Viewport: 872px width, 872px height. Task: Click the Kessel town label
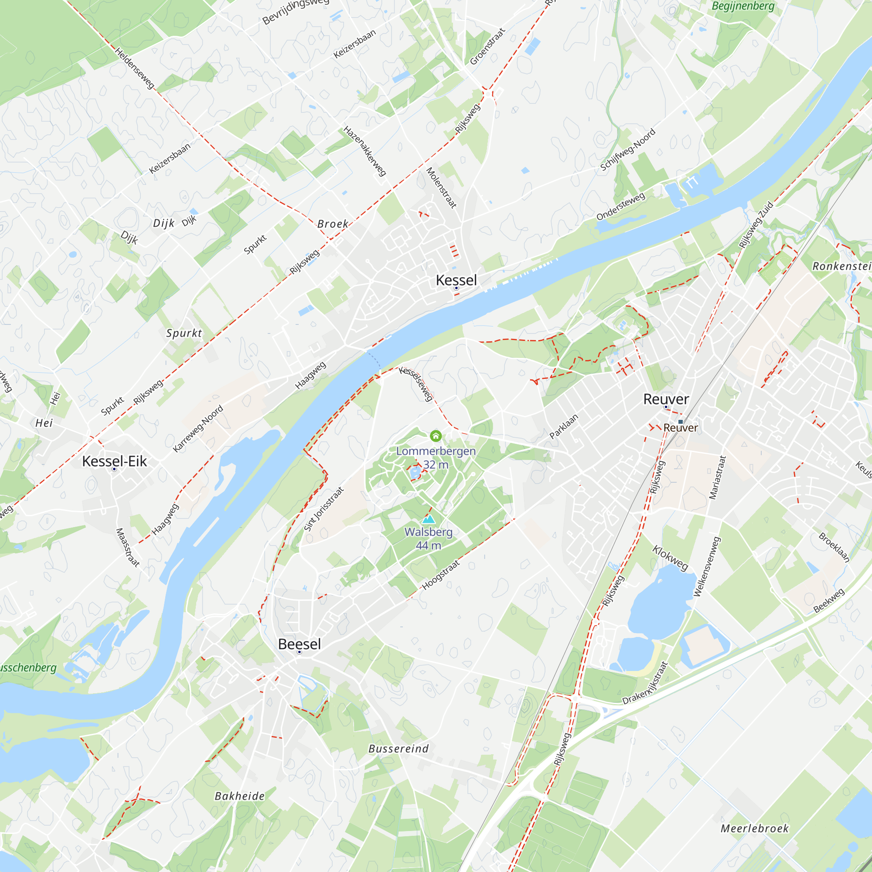coord(456,280)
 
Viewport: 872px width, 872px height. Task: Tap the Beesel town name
coord(299,644)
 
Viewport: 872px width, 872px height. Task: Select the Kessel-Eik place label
coord(114,461)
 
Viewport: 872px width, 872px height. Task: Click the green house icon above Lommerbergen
coord(436,436)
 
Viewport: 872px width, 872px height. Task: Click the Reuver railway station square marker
coord(681,422)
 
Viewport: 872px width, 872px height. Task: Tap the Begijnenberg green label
coord(743,6)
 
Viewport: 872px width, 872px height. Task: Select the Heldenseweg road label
coord(134,68)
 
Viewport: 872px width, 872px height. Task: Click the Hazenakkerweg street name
coord(364,151)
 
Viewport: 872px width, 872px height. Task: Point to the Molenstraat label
coord(441,188)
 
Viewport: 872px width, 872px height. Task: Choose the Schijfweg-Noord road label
coord(627,150)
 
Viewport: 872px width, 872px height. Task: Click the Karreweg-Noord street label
coord(198,428)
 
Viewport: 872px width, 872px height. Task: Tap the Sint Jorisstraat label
coord(324,509)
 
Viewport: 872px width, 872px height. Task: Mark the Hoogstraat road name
coord(440,575)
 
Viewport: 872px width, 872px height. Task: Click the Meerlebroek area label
coord(755,829)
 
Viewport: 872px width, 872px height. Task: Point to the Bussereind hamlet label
coord(399,749)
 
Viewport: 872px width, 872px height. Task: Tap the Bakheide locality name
coord(240,796)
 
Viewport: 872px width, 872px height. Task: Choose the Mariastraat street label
coord(718,477)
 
